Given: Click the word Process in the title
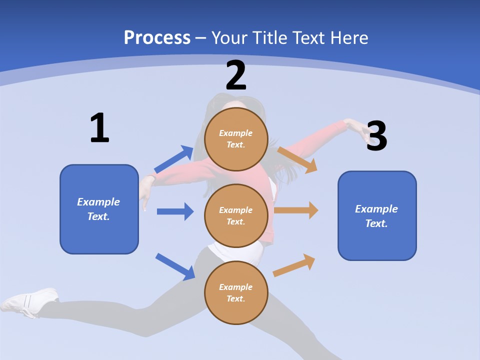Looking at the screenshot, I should [157, 37].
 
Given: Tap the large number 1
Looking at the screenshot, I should [99, 128].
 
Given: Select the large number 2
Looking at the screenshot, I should [236, 75].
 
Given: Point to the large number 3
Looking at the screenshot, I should [377, 136].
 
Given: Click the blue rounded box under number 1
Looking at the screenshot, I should [99, 209].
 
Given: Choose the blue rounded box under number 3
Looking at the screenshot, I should [377, 215].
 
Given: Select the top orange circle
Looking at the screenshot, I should [236, 139].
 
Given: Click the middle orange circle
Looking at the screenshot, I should [236, 215].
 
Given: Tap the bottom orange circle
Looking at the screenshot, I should [236, 292].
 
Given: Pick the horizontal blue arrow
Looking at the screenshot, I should [175, 211].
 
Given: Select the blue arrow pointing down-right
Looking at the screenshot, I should [175, 266].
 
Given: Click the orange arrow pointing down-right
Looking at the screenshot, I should [297, 159].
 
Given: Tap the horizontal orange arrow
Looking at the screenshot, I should [296, 210].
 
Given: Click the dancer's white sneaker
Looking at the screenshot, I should [30, 301].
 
